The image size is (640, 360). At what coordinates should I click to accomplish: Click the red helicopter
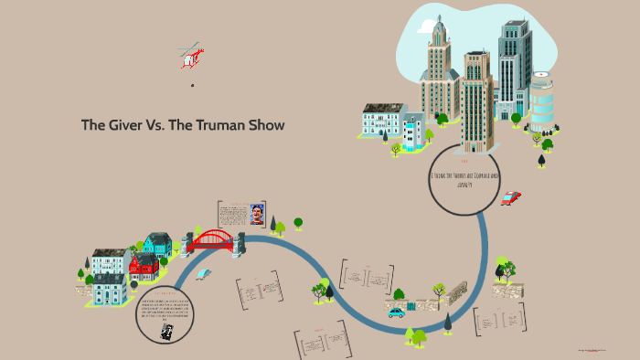191,57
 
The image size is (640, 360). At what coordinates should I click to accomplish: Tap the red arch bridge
212,241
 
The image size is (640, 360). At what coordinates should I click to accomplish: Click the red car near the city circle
511,197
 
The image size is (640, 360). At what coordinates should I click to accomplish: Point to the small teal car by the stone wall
396,312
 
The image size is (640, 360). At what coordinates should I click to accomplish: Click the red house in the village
144,266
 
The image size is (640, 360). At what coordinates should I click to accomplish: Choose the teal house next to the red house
157,244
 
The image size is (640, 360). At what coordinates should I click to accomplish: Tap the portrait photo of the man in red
257,214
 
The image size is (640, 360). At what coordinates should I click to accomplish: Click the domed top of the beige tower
440,32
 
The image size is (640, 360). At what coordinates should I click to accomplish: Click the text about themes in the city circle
464,179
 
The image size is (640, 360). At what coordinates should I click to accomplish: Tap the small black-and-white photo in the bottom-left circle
166,332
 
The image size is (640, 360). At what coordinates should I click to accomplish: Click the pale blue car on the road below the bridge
204,273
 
